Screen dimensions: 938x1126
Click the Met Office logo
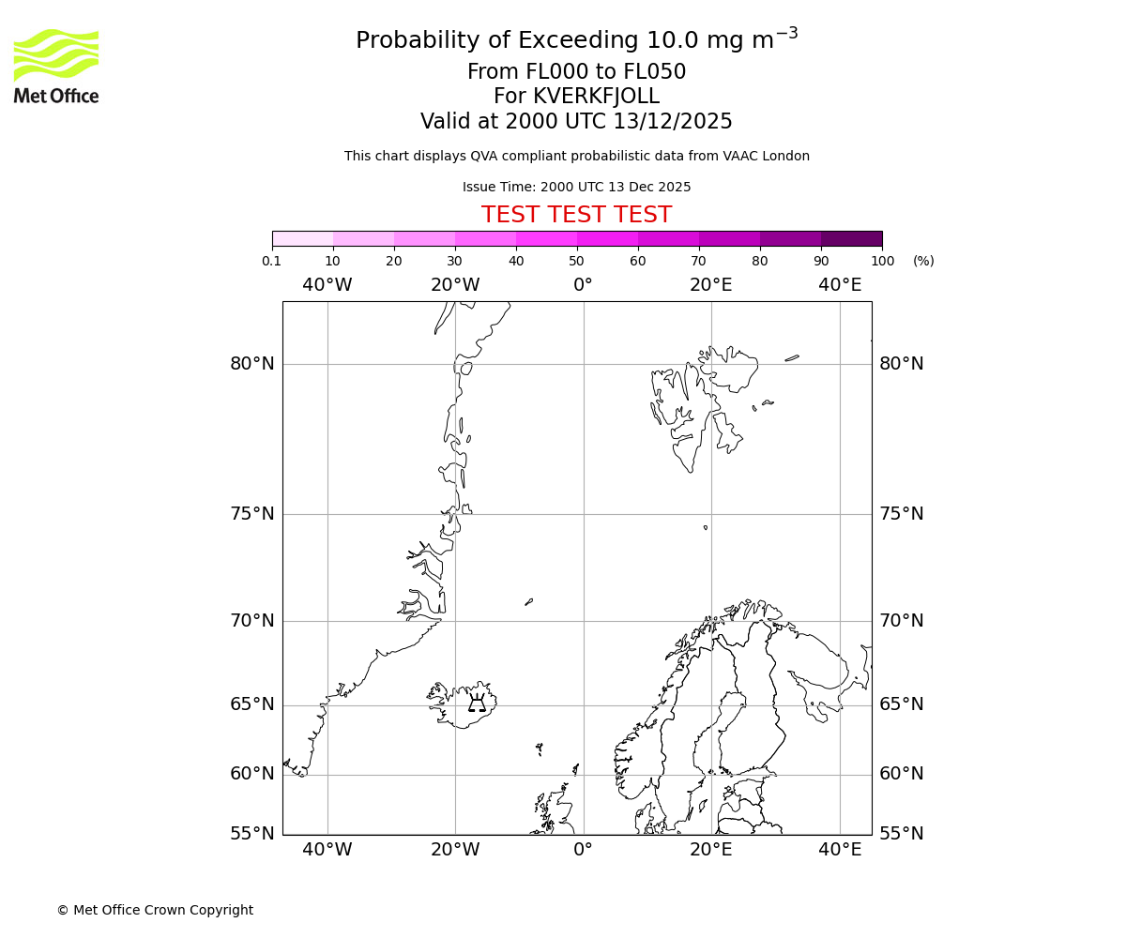[x=56, y=66]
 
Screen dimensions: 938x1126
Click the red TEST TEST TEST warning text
[x=576, y=216]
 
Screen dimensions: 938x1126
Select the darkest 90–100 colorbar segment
[x=851, y=238]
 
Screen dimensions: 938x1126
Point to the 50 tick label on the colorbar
[x=576, y=261]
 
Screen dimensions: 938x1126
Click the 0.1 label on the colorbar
[x=272, y=261]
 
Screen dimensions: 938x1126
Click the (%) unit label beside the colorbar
[x=923, y=261]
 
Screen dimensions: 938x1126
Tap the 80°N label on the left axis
[x=252, y=364]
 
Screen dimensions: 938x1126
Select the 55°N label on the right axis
[x=901, y=834]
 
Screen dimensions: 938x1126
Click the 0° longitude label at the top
[x=583, y=285]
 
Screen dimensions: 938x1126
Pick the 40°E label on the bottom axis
[x=840, y=850]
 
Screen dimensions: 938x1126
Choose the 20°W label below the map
[x=455, y=850]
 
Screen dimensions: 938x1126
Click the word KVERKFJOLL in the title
[x=595, y=97]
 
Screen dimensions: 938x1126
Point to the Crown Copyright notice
[x=155, y=910]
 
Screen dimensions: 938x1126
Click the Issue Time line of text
[x=576, y=187]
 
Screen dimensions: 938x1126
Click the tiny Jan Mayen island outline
[x=528, y=602]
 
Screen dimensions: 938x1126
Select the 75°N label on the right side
[x=901, y=514]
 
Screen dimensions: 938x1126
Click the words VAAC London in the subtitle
[x=767, y=156]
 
